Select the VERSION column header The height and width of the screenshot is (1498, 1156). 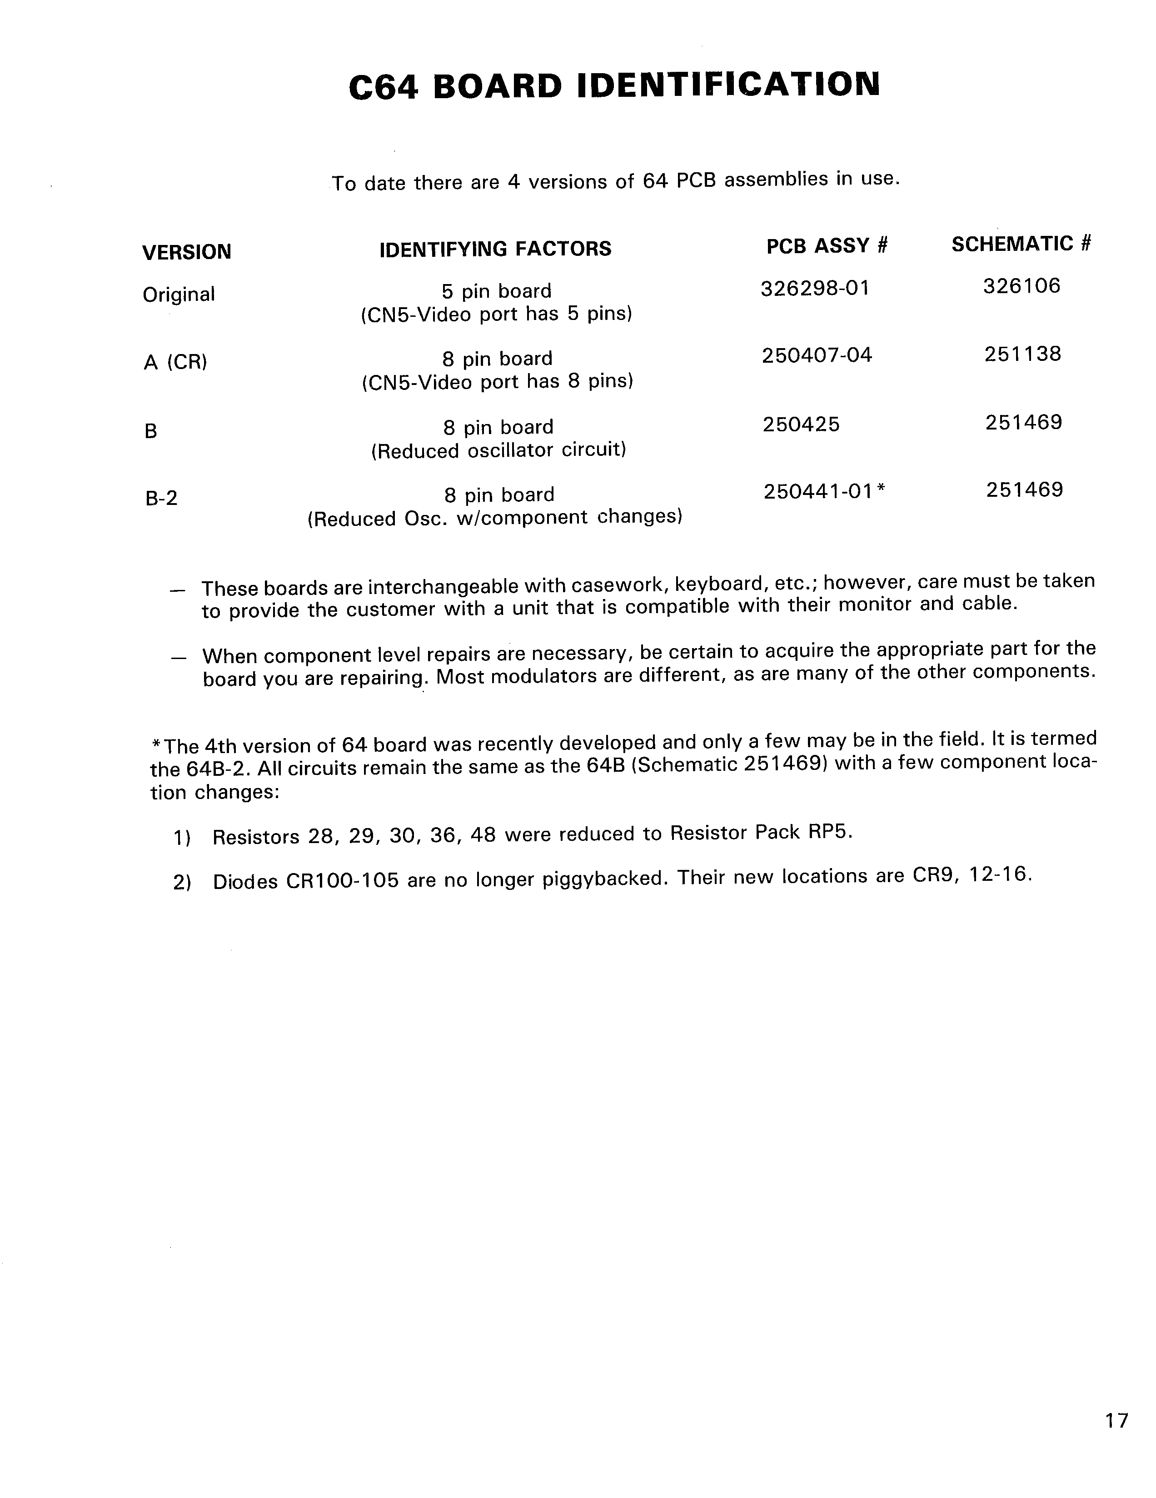point(186,252)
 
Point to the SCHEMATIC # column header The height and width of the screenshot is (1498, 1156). point(1021,244)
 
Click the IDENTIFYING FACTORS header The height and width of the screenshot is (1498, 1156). point(495,248)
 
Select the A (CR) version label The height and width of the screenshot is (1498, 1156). point(175,362)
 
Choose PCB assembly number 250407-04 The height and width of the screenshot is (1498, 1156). point(817,355)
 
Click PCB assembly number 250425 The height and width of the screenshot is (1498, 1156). point(801,424)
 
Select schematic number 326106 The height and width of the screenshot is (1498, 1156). point(1021,285)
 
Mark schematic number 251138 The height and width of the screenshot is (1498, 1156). point(1022,354)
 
